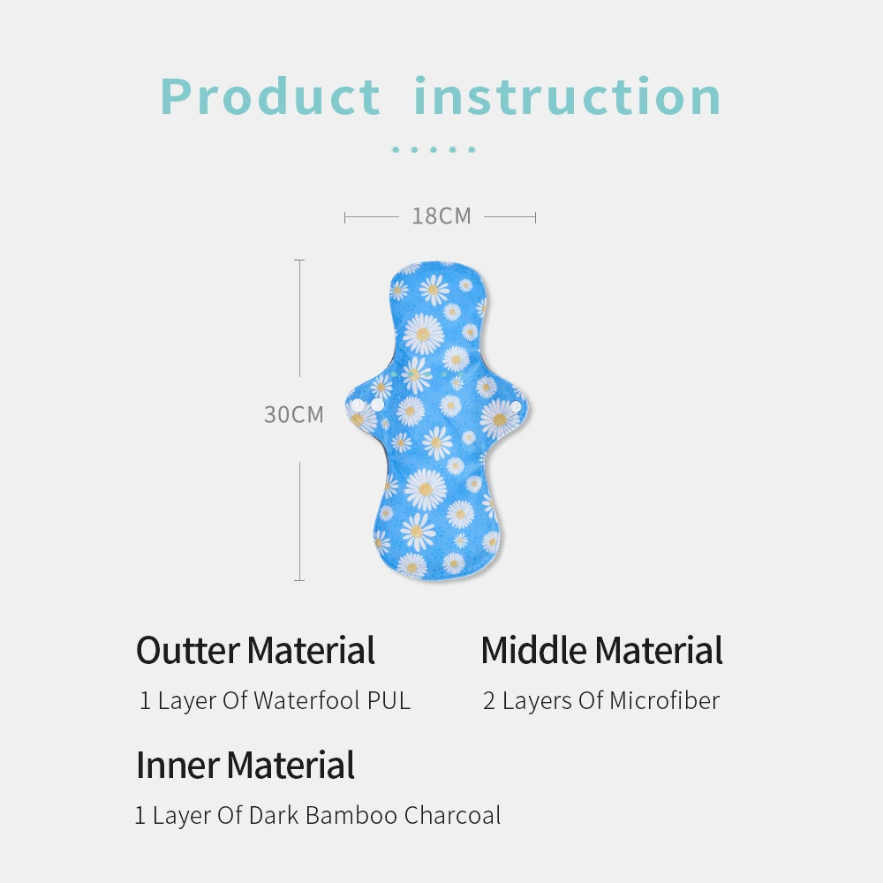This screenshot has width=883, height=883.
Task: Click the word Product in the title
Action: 270,97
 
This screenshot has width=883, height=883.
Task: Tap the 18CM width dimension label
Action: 441,216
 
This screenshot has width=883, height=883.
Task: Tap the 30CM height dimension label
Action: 294,414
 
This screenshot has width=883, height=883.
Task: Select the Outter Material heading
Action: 255,651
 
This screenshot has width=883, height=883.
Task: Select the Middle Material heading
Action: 601,651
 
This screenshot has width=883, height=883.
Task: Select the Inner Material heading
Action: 245,765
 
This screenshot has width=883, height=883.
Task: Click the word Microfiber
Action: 664,701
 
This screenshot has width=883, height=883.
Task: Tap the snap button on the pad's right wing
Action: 515,406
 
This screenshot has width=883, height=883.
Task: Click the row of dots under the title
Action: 434,150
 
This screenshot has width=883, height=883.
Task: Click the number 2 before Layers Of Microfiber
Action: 489,701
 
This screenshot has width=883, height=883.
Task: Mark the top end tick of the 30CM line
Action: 300,260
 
